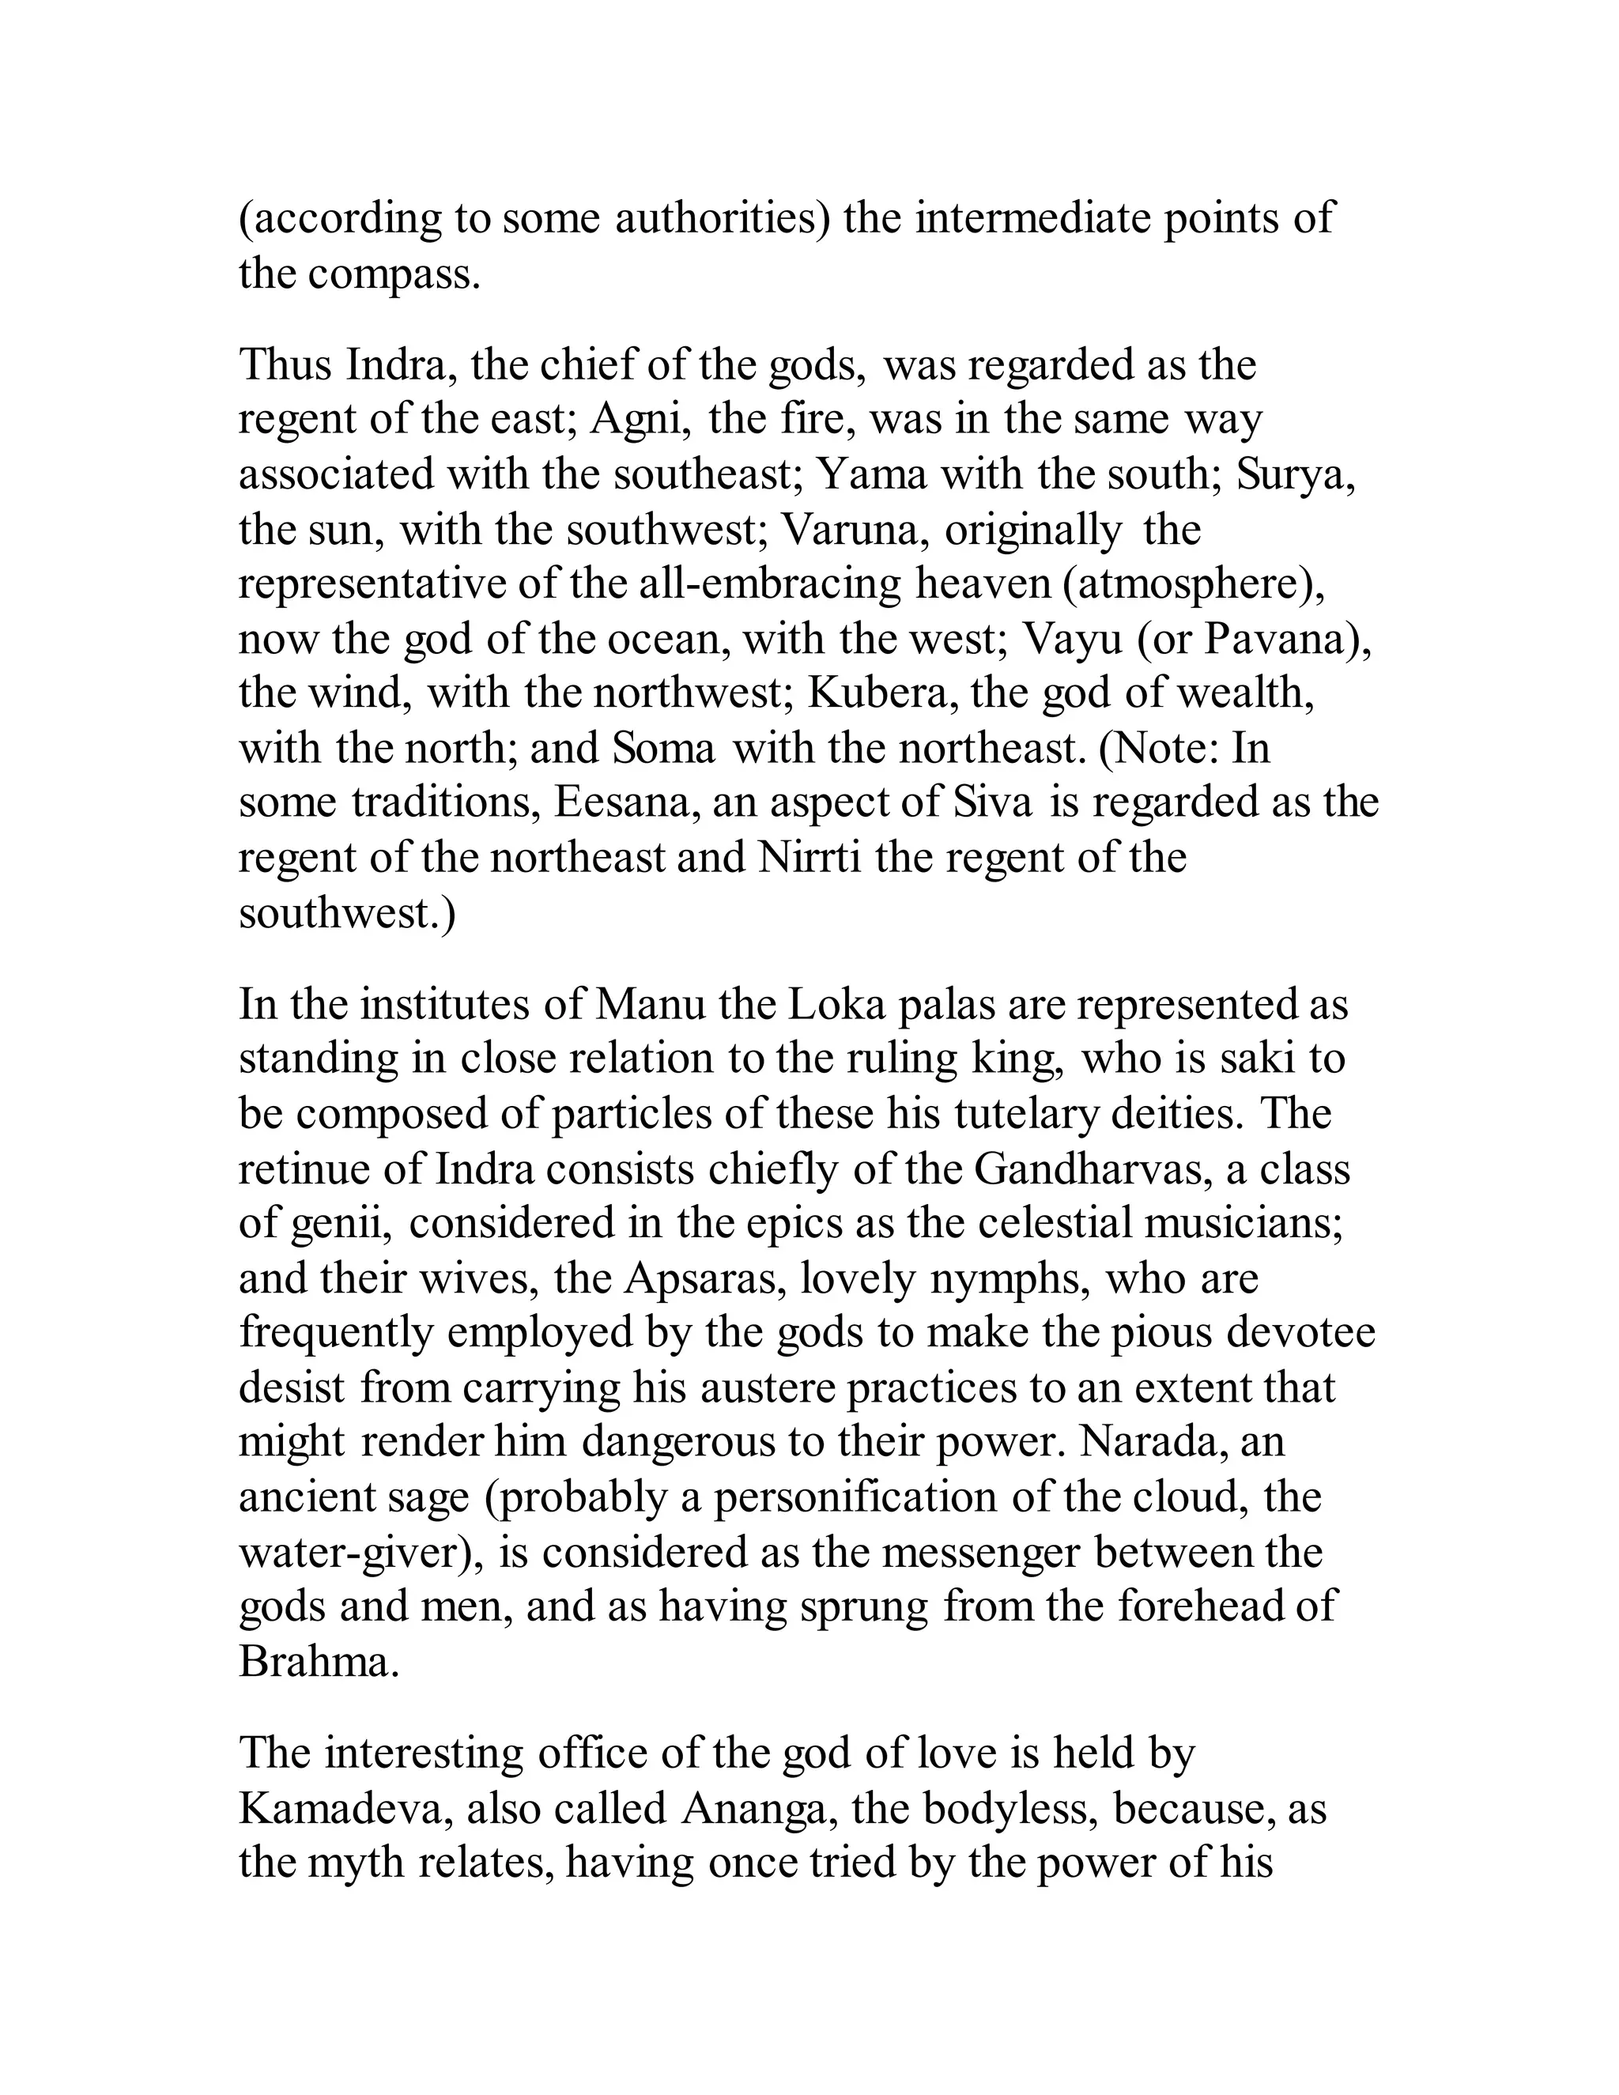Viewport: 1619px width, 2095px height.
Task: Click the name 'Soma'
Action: coord(664,748)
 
